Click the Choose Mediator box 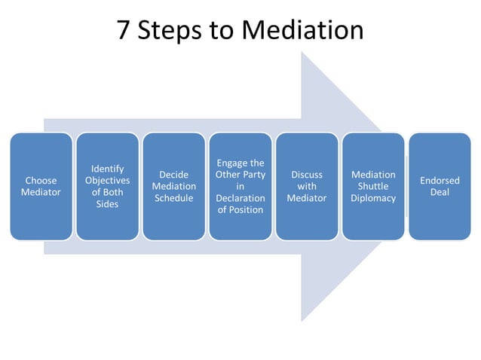click(41, 186)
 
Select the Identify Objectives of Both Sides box click(108, 186)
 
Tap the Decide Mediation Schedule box click(174, 186)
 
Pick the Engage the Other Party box click(240, 186)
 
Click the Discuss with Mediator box click(307, 186)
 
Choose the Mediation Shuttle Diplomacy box click(373, 186)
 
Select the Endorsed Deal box click(440, 186)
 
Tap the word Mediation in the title click(305, 29)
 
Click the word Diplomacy click(373, 198)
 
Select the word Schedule click(174, 198)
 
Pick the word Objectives click(108, 181)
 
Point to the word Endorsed click(440, 181)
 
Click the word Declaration click(240, 198)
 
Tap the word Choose click(41, 181)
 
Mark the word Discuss click(307, 175)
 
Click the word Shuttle click(373, 186)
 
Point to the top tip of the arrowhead click(302, 51)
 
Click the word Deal click(440, 193)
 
